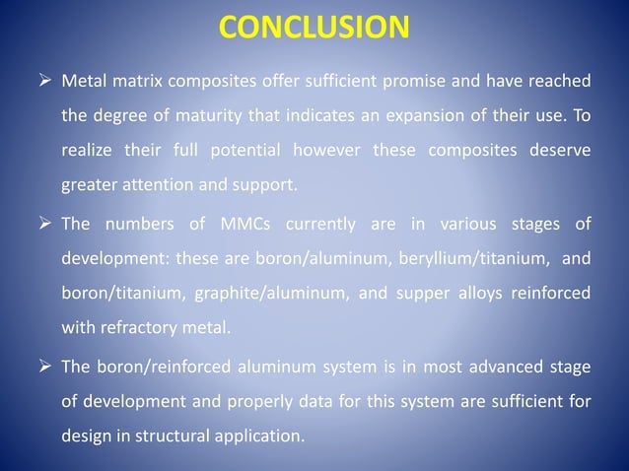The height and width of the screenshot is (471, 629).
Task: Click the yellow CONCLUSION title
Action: [314, 27]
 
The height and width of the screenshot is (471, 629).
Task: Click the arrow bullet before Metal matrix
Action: [44, 80]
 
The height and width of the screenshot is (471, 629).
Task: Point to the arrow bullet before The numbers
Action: [44, 226]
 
